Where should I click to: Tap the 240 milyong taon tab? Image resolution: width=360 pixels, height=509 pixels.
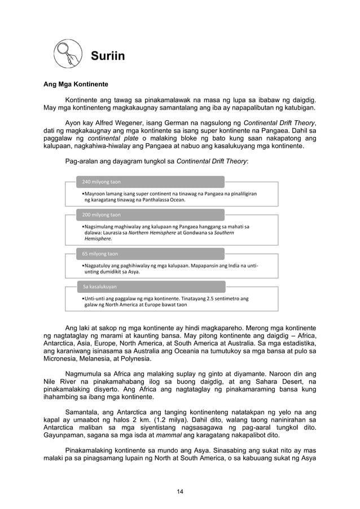pyautogui.click(x=102, y=182)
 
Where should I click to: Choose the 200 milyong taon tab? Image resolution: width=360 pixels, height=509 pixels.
pyautogui.click(x=102, y=214)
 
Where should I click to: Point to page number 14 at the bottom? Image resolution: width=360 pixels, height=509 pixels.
pyautogui.click(x=180, y=492)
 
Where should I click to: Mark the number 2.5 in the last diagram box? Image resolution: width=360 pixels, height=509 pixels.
pyautogui.click(x=212, y=298)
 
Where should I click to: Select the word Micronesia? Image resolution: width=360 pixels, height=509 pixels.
pyautogui.click(x=63, y=358)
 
